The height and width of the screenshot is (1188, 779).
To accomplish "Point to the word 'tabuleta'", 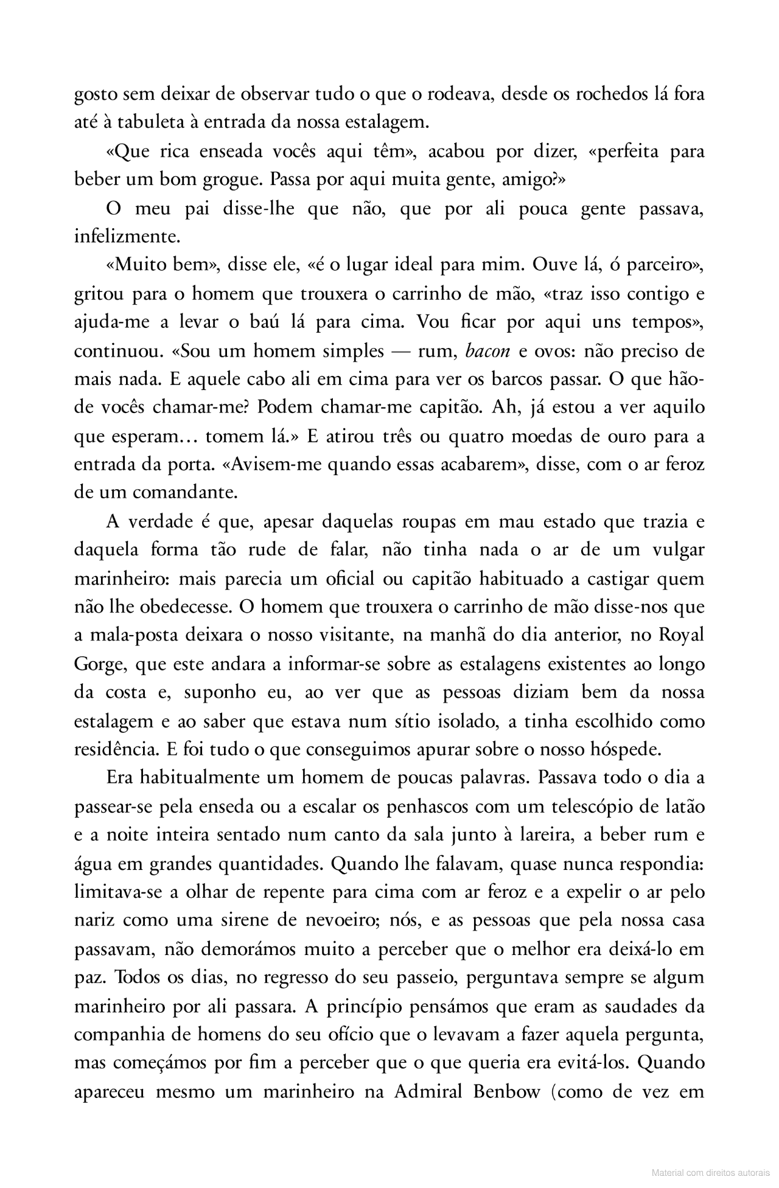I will pos(152,123).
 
